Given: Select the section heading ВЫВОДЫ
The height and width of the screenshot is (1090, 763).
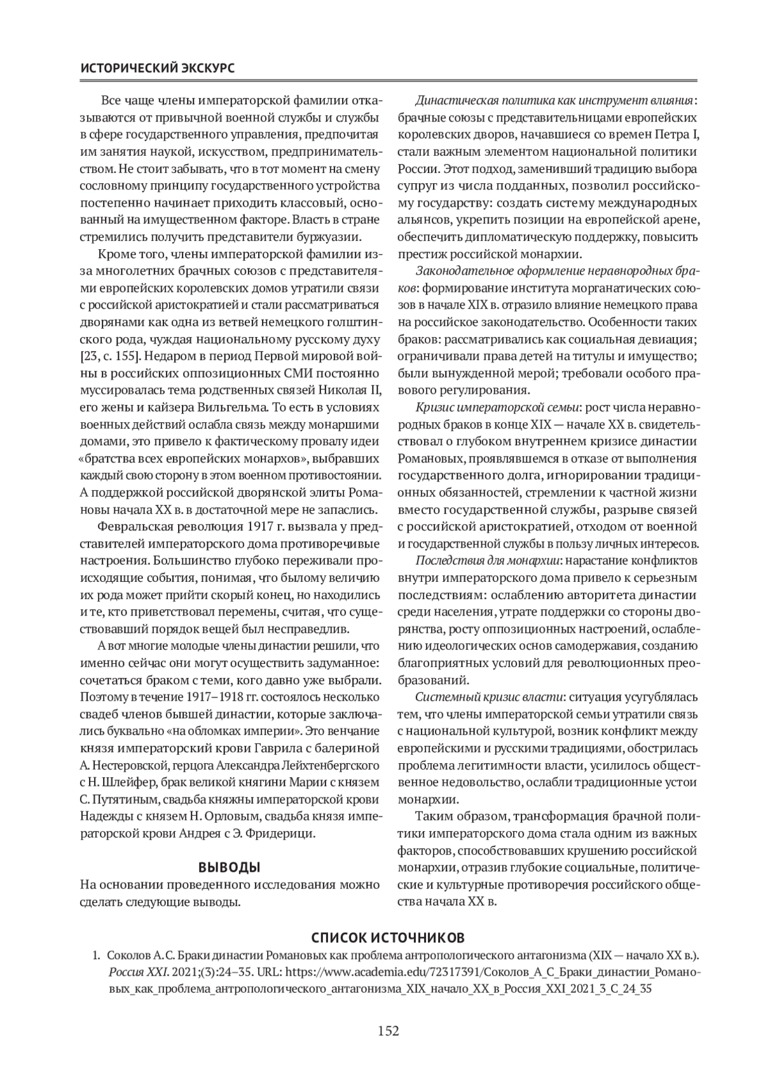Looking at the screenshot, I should point(230,867).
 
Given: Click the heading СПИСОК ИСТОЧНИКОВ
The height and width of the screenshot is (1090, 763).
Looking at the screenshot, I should point(387,937).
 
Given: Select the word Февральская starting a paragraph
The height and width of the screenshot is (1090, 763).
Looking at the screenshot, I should point(132,527).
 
